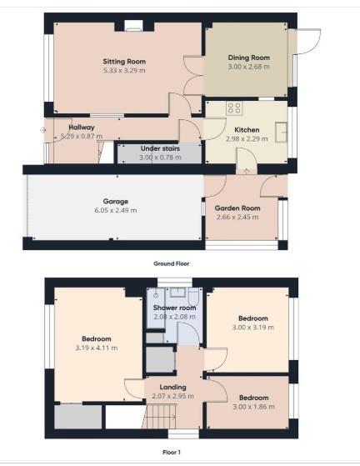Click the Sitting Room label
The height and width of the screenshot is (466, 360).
point(124,62)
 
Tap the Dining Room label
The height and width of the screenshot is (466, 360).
point(249,58)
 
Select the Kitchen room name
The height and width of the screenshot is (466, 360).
point(247,130)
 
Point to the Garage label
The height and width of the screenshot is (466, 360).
point(115,202)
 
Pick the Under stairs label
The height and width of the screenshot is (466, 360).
point(158,148)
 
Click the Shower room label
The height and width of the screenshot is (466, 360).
point(174,308)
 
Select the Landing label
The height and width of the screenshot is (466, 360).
point(172,386)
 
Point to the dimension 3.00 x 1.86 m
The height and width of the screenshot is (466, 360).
point(253,406)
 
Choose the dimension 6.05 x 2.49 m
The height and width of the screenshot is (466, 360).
point(115,210)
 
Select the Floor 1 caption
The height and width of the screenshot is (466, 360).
point(172,451)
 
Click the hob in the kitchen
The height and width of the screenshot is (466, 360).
point(232,108)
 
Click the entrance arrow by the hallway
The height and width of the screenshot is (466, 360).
point(42,130)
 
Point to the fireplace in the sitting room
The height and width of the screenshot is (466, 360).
point(130,26)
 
